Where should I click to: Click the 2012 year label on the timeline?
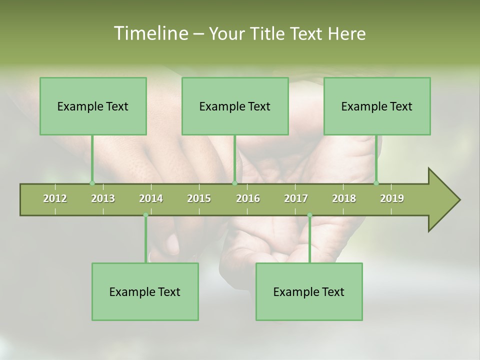[x=55, y=198]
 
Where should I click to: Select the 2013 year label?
[x=103, y=198]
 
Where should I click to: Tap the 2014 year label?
[x=151, y=198]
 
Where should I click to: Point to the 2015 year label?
[x=199, y=198]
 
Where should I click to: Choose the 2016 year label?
[x=248, y=198]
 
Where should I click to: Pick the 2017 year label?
[x=296, y=198]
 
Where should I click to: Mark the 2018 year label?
[x=344, y=198]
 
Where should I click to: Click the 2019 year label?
[x=392, y=198]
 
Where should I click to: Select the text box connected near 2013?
[x=93, y=106]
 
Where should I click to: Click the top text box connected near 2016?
[x=235, y=106]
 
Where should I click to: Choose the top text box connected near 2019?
[x=377, y=106]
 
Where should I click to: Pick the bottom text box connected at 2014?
[x=145, y=291]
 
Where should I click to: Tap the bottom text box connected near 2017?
[x=309, y=291]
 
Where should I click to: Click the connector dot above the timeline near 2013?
[x=92, y=183]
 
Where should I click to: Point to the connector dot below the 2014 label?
[x=145, y=215]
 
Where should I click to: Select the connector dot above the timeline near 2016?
[x=234, y=183]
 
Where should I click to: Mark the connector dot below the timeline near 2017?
[x=309, y=215]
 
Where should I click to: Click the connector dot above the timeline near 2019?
[x=376, y=183]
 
